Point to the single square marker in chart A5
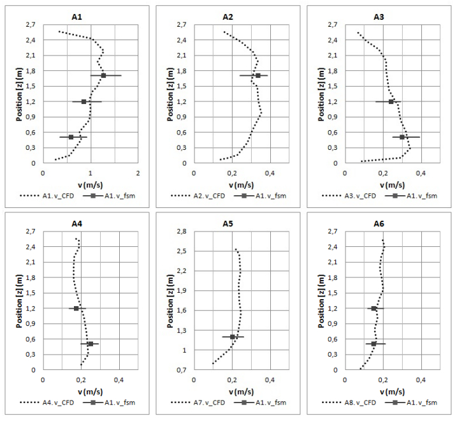tap(233, 337)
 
